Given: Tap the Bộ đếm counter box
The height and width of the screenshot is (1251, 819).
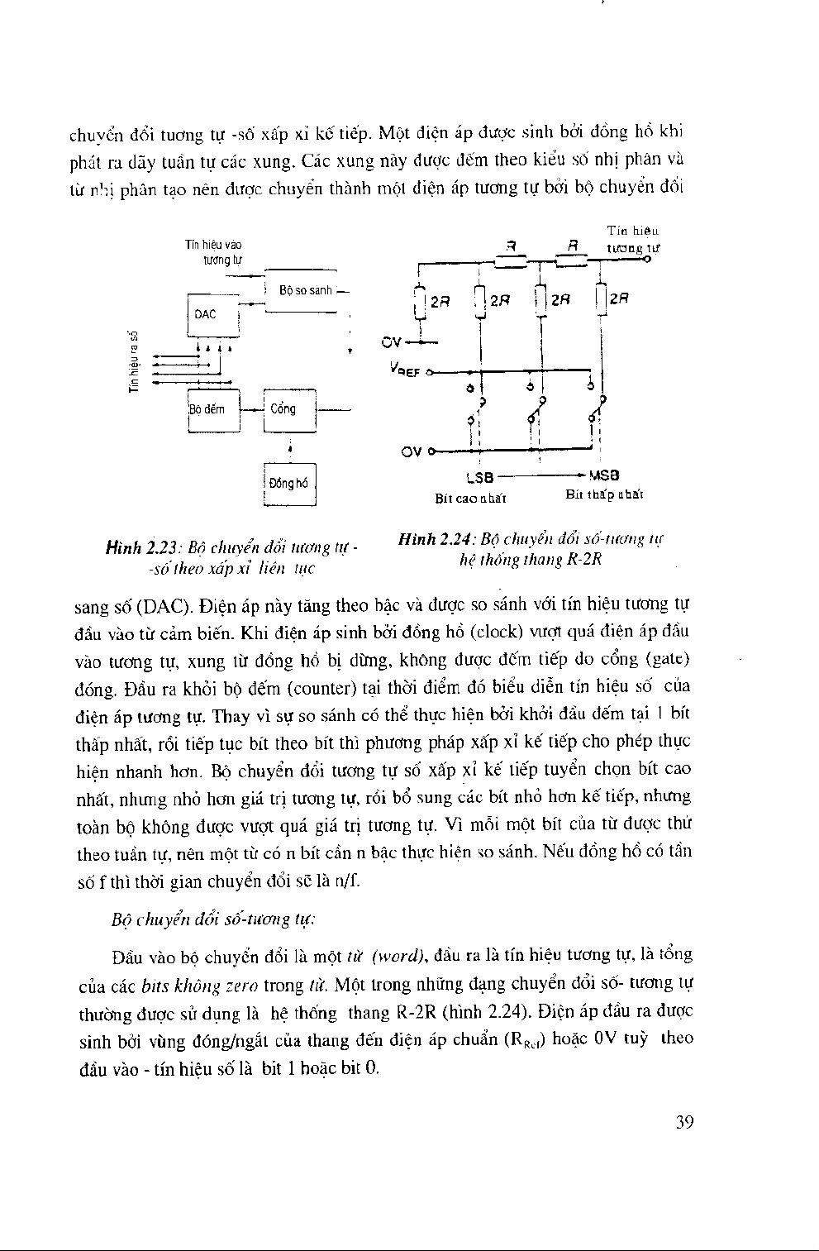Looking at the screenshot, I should point(212,409).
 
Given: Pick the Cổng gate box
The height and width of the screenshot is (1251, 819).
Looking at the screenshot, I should point(290,409).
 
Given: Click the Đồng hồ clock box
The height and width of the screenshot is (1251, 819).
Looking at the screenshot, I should point(289,484).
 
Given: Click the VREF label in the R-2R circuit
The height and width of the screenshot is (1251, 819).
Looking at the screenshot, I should point(406,372).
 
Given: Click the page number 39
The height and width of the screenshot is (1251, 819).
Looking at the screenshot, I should point(683,1122).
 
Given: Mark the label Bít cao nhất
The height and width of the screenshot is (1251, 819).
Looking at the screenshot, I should point(470,498).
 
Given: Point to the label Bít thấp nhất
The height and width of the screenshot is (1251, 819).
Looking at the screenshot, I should point(604,494).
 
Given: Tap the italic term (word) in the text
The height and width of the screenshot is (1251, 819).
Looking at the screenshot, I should point(398,957).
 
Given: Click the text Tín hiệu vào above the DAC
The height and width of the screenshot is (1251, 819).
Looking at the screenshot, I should point(213,245).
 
